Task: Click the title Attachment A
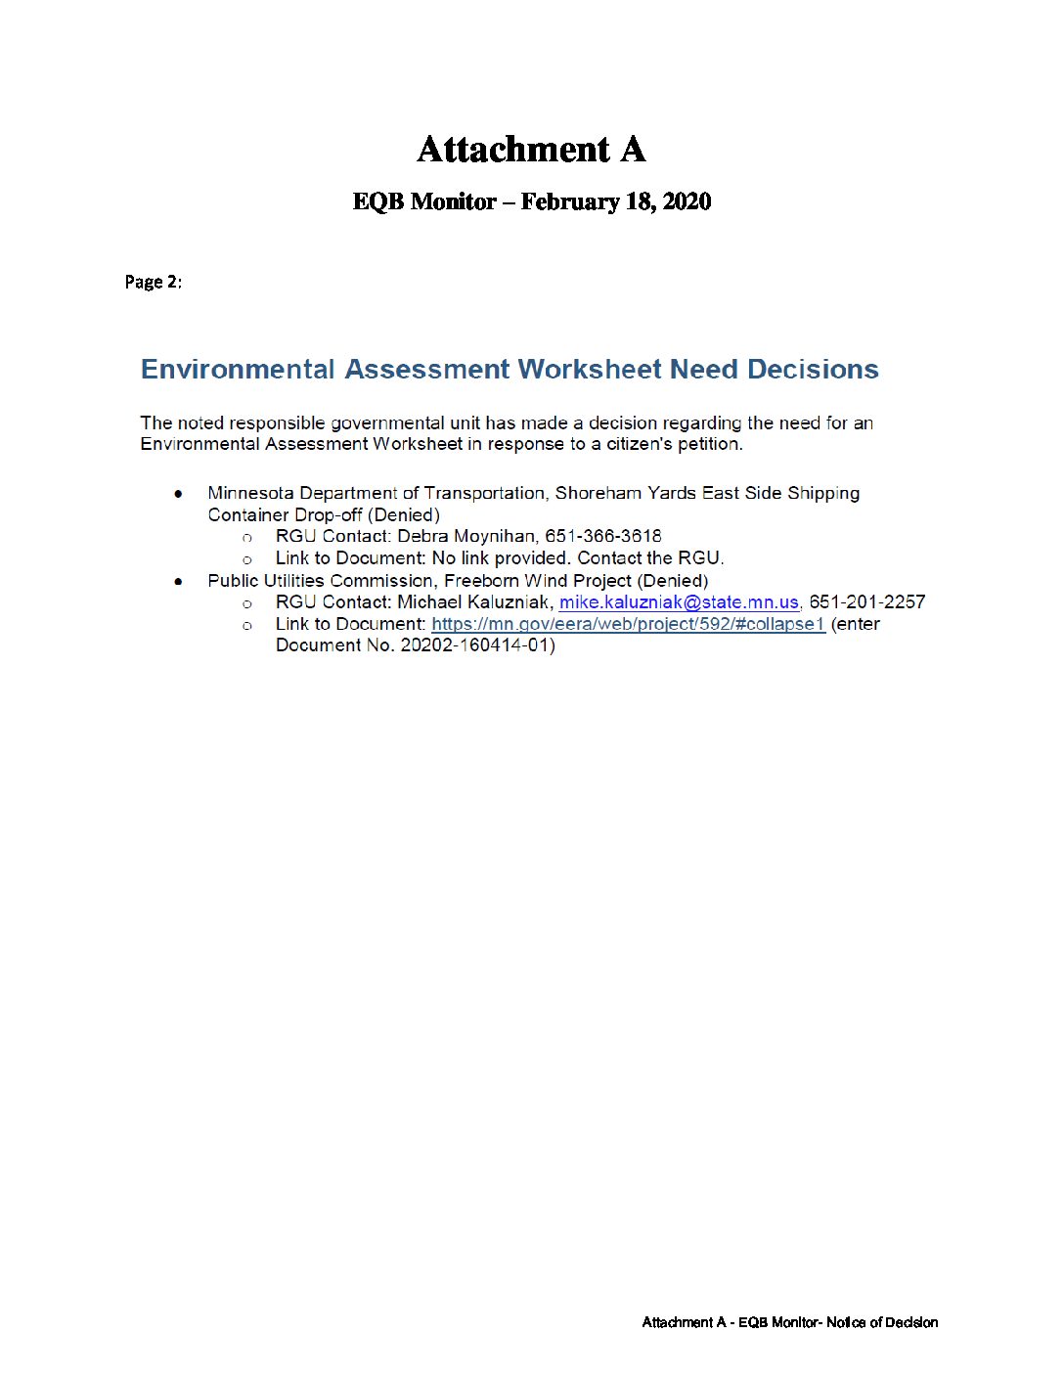click(531, 150)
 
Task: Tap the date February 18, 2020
click(615, 201)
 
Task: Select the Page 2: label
click(153, 282)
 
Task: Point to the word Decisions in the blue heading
click(813, 369)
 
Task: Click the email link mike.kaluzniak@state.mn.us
click(679, 602)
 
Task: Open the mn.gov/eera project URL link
click(628, 624)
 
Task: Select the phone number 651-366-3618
click(602, 536)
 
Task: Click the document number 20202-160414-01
click(474, 645)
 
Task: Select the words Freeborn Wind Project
click(538, 581)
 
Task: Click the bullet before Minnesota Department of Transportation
click(178, 494)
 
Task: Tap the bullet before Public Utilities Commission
click(178, 582)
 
